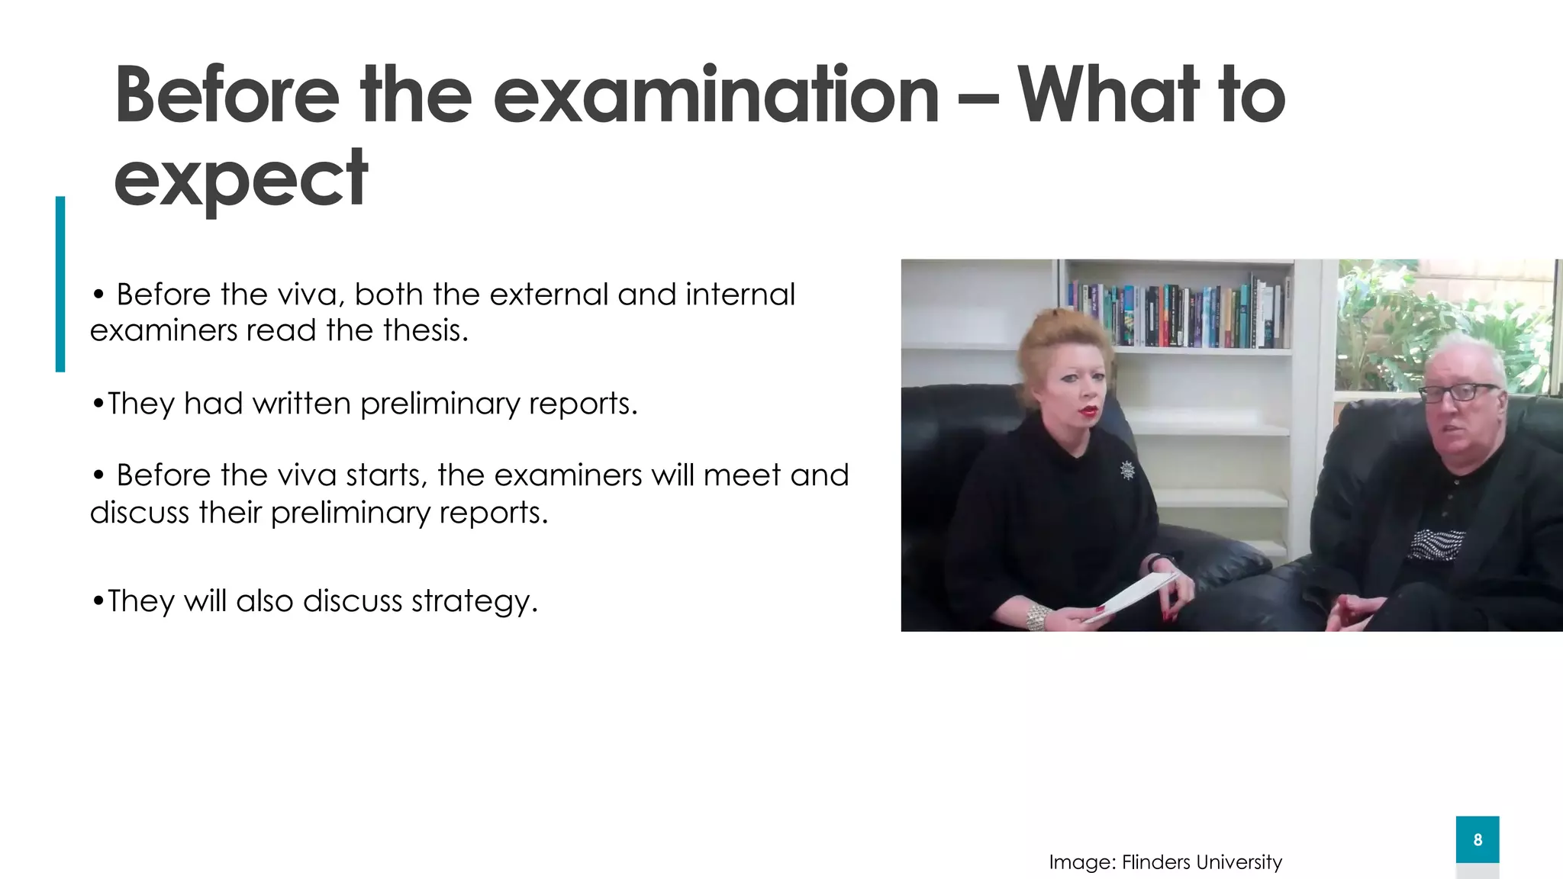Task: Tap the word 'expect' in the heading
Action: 241,180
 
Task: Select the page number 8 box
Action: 1477,839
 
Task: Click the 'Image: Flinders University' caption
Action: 1165,862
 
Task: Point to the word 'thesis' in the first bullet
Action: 423,330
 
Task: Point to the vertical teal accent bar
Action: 60,284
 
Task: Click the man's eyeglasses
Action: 1458,393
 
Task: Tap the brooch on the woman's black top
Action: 1127,470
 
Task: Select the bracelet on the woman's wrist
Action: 1036,617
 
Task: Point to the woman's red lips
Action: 1088,412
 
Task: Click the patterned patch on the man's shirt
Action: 1436,544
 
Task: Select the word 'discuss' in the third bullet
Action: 139,513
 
